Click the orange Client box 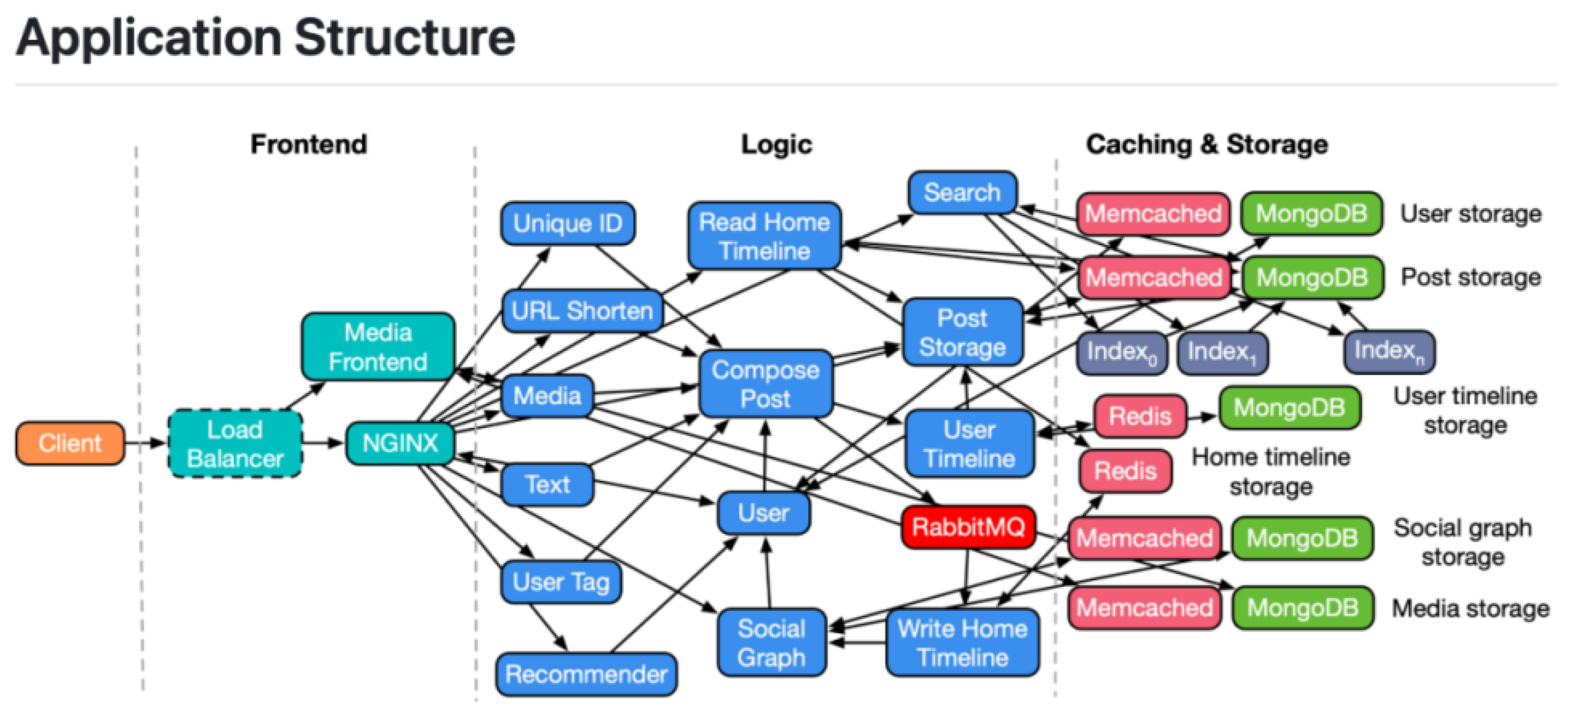tap(70, 442)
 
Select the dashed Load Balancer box tap(235, 444)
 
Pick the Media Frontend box tap(377, 347)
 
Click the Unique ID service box tap(567, 223)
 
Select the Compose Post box tap(765, 384)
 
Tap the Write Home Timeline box tap(962, 643)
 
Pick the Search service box tap(962, 193)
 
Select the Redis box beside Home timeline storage tap(1125, 471)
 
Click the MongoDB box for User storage tap(1311, 213)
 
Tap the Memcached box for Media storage tap(1144, 608)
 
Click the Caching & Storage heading tap(1207, 144)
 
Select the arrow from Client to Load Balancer tap(146, 442)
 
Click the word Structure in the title tap(404, 38)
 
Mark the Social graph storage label tap(1462, 542)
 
